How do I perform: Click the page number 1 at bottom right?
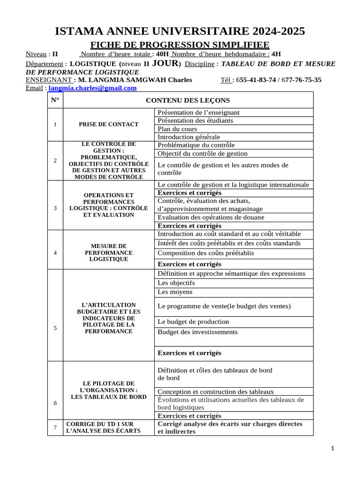[x=332, y=449]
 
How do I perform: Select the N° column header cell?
[x=55, y=100]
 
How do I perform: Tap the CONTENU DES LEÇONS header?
[x=187, y=100]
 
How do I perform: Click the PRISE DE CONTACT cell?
[x=108, y=124]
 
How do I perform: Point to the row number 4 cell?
[x=55, y=253]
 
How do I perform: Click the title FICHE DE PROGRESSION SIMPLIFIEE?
[x=180, y=45]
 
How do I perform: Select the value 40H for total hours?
[x=162, y=54]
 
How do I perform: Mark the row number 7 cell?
[x=55, y=427]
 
